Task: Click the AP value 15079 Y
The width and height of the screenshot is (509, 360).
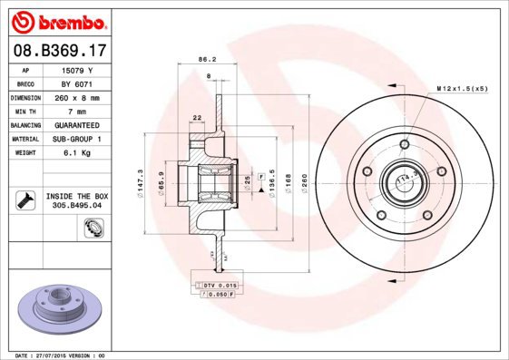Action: tap(76, 70)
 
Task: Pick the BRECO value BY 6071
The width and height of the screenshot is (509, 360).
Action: tap(76, 83)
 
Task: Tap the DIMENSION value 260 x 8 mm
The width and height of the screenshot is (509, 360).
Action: tap(76, 97)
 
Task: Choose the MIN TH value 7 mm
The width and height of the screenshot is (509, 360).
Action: tap(76, 111)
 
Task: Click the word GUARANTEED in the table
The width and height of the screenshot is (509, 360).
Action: tap(76, 124)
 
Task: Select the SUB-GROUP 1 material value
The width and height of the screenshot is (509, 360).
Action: tap(76, 139)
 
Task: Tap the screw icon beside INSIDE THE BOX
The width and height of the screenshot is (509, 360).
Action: tap(22, 199)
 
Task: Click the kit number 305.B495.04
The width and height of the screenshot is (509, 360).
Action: tap(76, 205)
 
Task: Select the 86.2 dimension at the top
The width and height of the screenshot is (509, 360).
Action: tap(207, 62)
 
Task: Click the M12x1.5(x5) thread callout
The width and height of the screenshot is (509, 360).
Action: tap(462, 88)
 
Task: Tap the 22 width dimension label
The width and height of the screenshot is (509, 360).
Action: tap(196, 117)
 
